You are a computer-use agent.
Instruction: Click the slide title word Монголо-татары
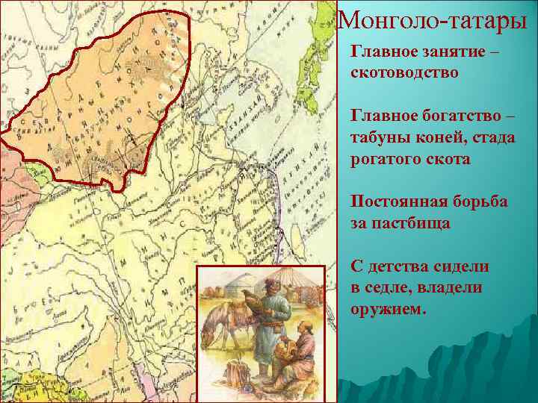coord(436,20)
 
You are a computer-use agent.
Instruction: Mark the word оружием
coord(389,308)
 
